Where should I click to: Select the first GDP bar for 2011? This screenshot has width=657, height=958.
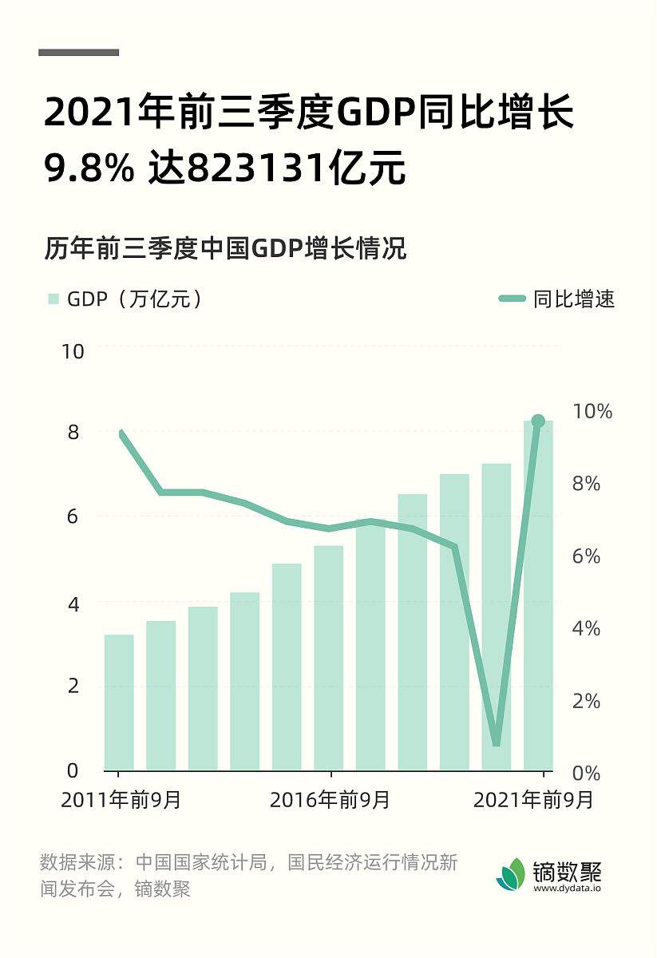point(119,703)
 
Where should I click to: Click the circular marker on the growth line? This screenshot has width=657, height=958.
point(538,421)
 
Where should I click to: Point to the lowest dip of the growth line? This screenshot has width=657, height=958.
point(496,742)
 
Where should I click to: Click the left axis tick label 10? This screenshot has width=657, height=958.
point(73,351)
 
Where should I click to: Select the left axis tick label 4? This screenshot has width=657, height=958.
point(73,604)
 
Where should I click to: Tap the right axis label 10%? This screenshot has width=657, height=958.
point(592,412)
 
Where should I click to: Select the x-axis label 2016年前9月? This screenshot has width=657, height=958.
point(330,800)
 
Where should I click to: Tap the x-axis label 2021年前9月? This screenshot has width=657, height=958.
point(533,800)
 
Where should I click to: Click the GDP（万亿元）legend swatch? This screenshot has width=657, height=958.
point(53,299)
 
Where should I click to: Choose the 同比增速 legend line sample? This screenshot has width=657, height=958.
point(513,299)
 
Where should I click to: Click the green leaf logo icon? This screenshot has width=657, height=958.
point(512,874)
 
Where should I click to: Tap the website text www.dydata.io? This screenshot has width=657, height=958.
point(567,889)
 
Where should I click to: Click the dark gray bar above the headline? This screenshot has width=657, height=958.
point(78,53)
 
